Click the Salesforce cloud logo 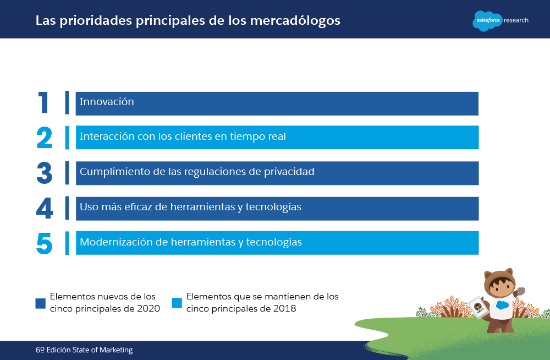pos(487,21)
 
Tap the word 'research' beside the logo pos(516,20)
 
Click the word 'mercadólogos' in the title pos(295,21)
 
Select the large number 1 pos(43,102)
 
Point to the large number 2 pos(45,138)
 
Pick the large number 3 pos(45,173)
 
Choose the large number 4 pos(45,208)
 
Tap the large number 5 pos(45,243)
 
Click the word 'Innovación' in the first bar pos(107,101)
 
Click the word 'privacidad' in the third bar pos(289,172)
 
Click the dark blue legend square pos(40,303)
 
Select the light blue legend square pos(177,303)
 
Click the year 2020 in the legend pos(148,308)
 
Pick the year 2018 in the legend pos(284,308)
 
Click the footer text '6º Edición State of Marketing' pos(84,350)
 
